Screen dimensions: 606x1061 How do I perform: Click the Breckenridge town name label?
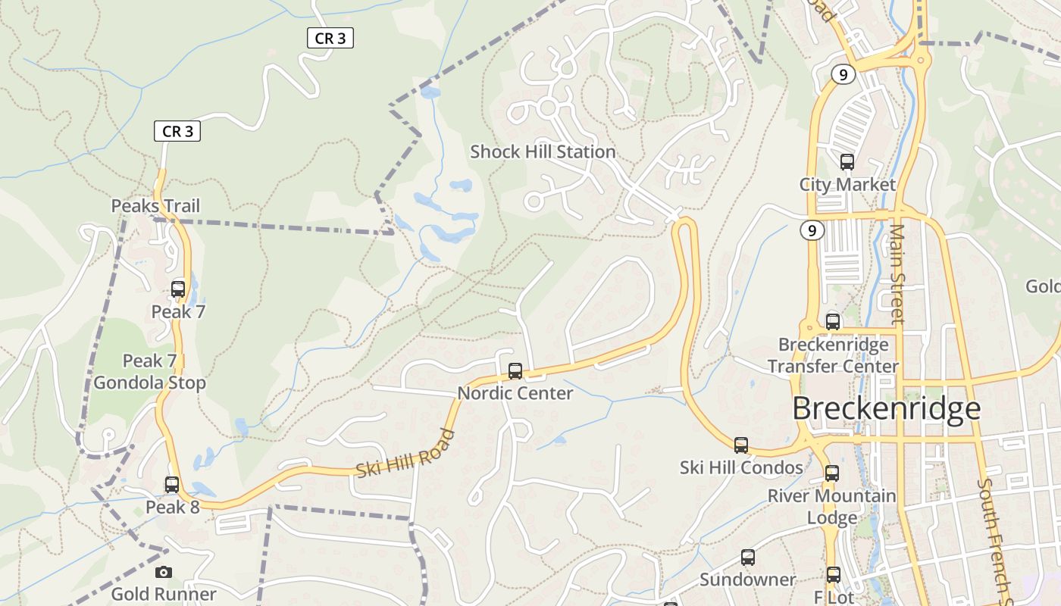click(x=886, y=409)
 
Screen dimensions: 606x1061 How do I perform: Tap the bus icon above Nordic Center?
click(x=515, y=371)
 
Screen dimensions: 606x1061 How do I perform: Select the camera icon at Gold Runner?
click(x=164, y=572)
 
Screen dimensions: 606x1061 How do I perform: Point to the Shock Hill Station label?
click(x=543, y=151)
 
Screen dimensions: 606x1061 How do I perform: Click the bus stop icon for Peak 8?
click(x=172, y=485)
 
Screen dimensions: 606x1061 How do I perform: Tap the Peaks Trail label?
click(x=155, y=206)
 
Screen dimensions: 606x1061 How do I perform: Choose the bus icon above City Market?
click(x=847, y=162)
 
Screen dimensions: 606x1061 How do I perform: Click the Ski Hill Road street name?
click(x=406, y=454)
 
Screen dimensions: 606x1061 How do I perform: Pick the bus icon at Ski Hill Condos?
click(x=741, y=445)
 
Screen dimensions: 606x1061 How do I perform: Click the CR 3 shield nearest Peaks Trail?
click(x=178, y=131)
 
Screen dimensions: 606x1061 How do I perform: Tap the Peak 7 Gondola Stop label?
click(x=150, y=372)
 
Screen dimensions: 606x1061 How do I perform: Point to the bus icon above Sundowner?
click(x=748, y=558)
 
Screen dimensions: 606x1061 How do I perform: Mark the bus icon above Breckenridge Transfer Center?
click(x=833, y=322)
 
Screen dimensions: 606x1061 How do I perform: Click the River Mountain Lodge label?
click(x=832, y=507)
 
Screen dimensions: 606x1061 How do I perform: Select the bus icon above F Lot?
click(x=834, y=575)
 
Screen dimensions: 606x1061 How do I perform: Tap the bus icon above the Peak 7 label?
click(x=178, y=289)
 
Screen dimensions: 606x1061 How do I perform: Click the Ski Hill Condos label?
click(x=741, y=467)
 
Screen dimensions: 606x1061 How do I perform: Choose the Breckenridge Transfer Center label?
click(x=833, y=355)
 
